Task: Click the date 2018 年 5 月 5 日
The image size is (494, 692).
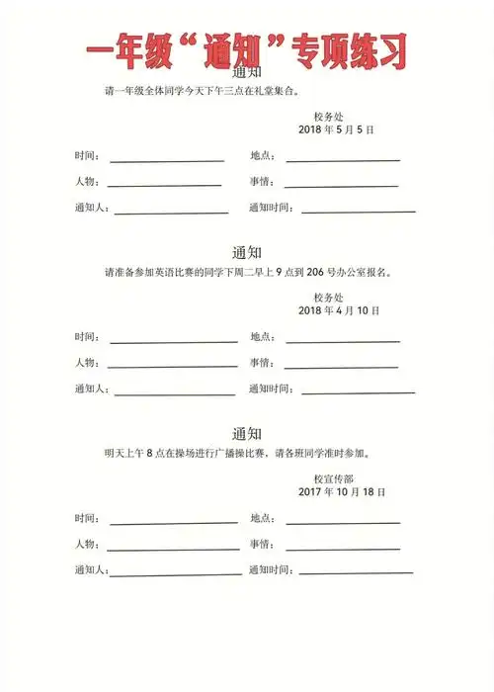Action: [336, 130]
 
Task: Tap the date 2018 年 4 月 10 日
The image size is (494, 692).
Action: [339, 310]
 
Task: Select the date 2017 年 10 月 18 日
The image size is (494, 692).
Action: [341, 491]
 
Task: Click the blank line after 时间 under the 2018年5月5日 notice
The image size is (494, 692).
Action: [167, 159]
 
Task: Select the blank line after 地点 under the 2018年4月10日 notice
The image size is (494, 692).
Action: [343, 341]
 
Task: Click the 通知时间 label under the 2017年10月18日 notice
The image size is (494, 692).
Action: [270, 570]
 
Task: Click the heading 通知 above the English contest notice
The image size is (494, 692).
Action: [246, 251]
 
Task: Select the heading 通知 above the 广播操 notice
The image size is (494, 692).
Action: [246, 433]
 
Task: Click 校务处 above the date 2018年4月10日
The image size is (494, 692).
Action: [328, 297]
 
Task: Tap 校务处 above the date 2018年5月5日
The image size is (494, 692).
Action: [328, 117]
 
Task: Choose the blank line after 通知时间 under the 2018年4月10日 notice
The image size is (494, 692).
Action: [358, 392]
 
